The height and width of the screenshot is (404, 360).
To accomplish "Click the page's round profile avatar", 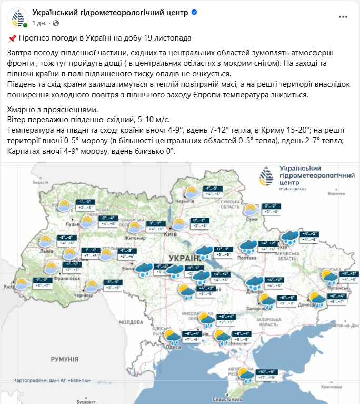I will pos(17,18).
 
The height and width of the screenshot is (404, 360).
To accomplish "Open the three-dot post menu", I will pos(343,17).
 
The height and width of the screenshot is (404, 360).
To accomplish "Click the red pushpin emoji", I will pos(13,38).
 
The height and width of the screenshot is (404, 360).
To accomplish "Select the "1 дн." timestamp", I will pos(40,23).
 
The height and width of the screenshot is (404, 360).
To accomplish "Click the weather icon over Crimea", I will pos(245,375).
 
